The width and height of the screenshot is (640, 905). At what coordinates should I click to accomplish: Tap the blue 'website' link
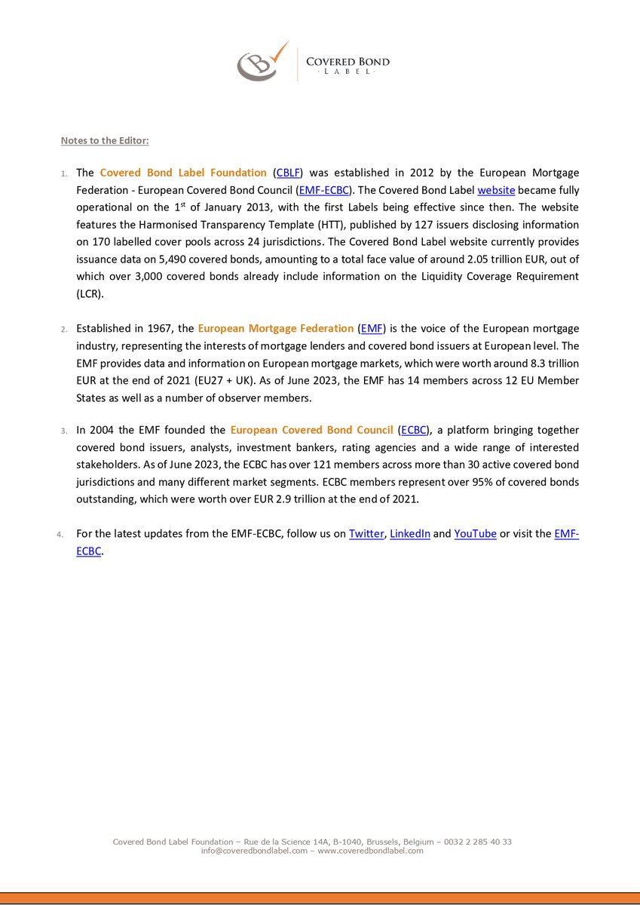tap(496, 190)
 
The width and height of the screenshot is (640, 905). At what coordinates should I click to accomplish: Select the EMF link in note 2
tap(372, 328)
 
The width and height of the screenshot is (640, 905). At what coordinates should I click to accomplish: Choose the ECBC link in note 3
tap(414, 430)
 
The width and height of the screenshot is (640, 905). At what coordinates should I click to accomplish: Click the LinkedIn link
tap(410, 533)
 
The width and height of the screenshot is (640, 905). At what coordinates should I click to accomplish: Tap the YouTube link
tap(475, 533)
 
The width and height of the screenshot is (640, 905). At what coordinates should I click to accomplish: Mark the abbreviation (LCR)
tap(90, 293)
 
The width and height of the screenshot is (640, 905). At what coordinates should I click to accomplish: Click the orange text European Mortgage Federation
tap(275, 328)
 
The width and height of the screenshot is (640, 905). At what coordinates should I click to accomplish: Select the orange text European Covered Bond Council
tap(311, 430)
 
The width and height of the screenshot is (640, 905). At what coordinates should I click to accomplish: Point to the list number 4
tap(60, 535)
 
